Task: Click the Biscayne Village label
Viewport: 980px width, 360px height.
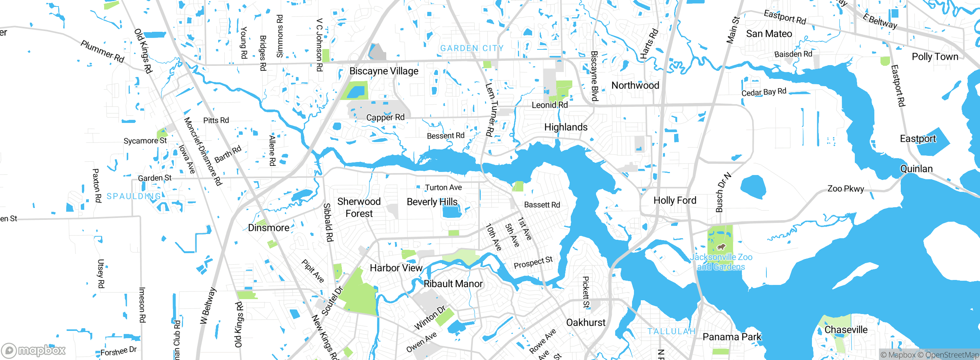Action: pos(384,71)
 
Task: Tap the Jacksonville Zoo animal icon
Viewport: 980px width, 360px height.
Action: pos(721,247)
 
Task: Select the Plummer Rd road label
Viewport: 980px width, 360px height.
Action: pos(102,51)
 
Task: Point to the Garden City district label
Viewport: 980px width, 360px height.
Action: pos(472,48)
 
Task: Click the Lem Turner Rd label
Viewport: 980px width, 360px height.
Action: pos(491,110)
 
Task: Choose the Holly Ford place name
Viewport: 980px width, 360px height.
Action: pos(675,200)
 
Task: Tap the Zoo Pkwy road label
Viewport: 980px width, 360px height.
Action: pos(846,188)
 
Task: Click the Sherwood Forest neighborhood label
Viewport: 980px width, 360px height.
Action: pos(359,207)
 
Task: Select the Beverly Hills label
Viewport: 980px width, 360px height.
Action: pos(432,202)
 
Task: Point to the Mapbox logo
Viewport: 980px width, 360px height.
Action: pos(34,350)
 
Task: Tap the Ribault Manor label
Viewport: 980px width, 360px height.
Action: pos(453,284)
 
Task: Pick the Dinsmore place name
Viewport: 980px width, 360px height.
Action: pos(268,228)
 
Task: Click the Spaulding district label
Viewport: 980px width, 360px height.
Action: pos(134,196)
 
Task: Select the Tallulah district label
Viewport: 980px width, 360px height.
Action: pos(671,331)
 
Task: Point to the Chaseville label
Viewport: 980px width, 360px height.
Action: pos(846,330)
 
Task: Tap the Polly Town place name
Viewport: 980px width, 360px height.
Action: pos(935,57)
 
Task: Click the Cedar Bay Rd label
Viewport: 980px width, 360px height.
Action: pos(764,92)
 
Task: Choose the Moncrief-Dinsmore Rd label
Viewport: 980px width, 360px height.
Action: pos(203,151)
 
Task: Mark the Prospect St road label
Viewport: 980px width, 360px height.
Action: pos(533,263)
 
